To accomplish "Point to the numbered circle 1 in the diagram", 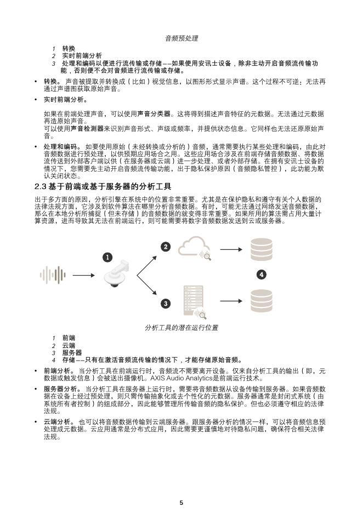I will pos(108,256).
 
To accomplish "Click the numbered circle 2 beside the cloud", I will pos(165,247).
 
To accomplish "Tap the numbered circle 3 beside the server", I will pos(165,303).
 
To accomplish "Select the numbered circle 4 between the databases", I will pos(262,274).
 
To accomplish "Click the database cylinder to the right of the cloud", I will pos(261,249).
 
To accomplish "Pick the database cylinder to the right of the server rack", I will pos(261,300).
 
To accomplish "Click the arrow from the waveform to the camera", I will pos(83,275).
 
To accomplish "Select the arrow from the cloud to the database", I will pos(230,250).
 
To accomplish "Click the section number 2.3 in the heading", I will pos(42,187).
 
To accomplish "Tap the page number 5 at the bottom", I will pos(181,502).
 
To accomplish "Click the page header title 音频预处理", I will pos(181,38).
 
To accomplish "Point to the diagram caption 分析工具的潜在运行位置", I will pos(181,327).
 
